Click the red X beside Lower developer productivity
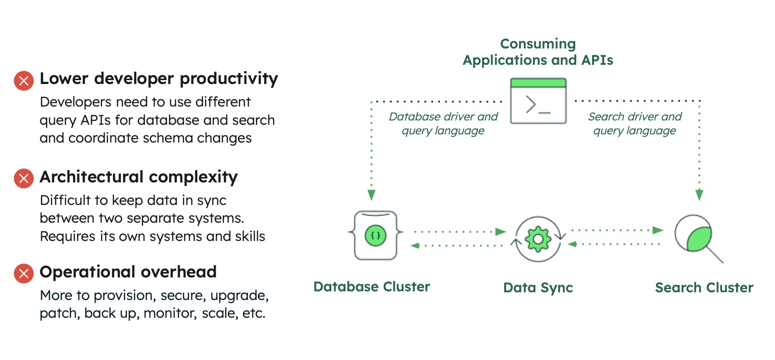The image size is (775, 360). point(24,81)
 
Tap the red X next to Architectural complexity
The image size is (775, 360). point(24,179)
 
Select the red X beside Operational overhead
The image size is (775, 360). point(24,274)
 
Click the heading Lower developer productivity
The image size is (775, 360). point(158,79)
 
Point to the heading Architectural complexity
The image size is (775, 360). point(138,177)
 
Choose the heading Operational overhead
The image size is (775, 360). point(128,272)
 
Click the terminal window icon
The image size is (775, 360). point(538,101)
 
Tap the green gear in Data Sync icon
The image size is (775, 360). point(538,239)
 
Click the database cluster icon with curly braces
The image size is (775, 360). point(375,235)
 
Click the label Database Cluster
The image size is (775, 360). point(371,287)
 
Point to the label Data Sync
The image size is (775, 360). point(538,288)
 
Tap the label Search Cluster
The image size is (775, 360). point(704,288)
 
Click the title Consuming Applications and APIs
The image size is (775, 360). point(538,52)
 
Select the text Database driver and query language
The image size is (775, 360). point(443,123)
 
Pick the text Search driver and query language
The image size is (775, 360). point(634,123)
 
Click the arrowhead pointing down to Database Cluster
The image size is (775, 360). point(371,195)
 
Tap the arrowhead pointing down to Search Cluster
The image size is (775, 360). point(699,195)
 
